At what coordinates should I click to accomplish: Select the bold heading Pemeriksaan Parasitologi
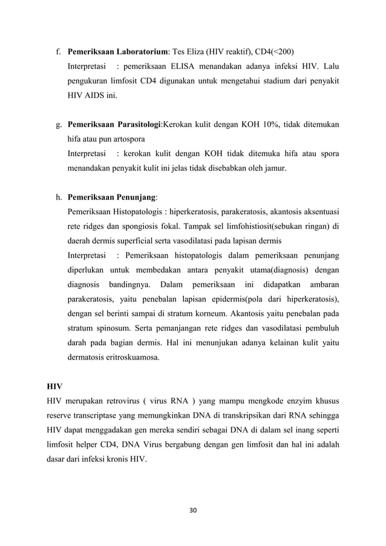pyautogui.click(x=114, y=125)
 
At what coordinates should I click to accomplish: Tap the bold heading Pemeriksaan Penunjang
pyautogui.click(x=112, y=197)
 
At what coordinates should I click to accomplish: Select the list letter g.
pyautogui.click(x=57, y=125)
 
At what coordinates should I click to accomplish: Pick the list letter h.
pyautogui.click(x=57, y=197)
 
